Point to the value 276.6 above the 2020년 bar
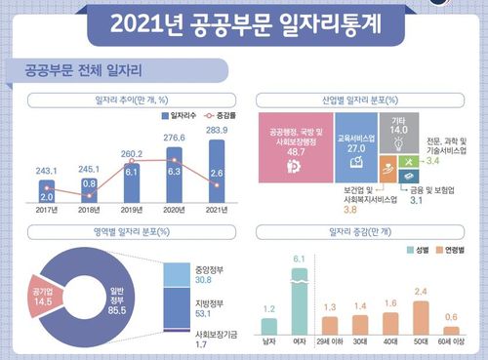pyautogui.click(x=176, y=142)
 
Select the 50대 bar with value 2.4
pyautogui.click(x=422, y=316)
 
